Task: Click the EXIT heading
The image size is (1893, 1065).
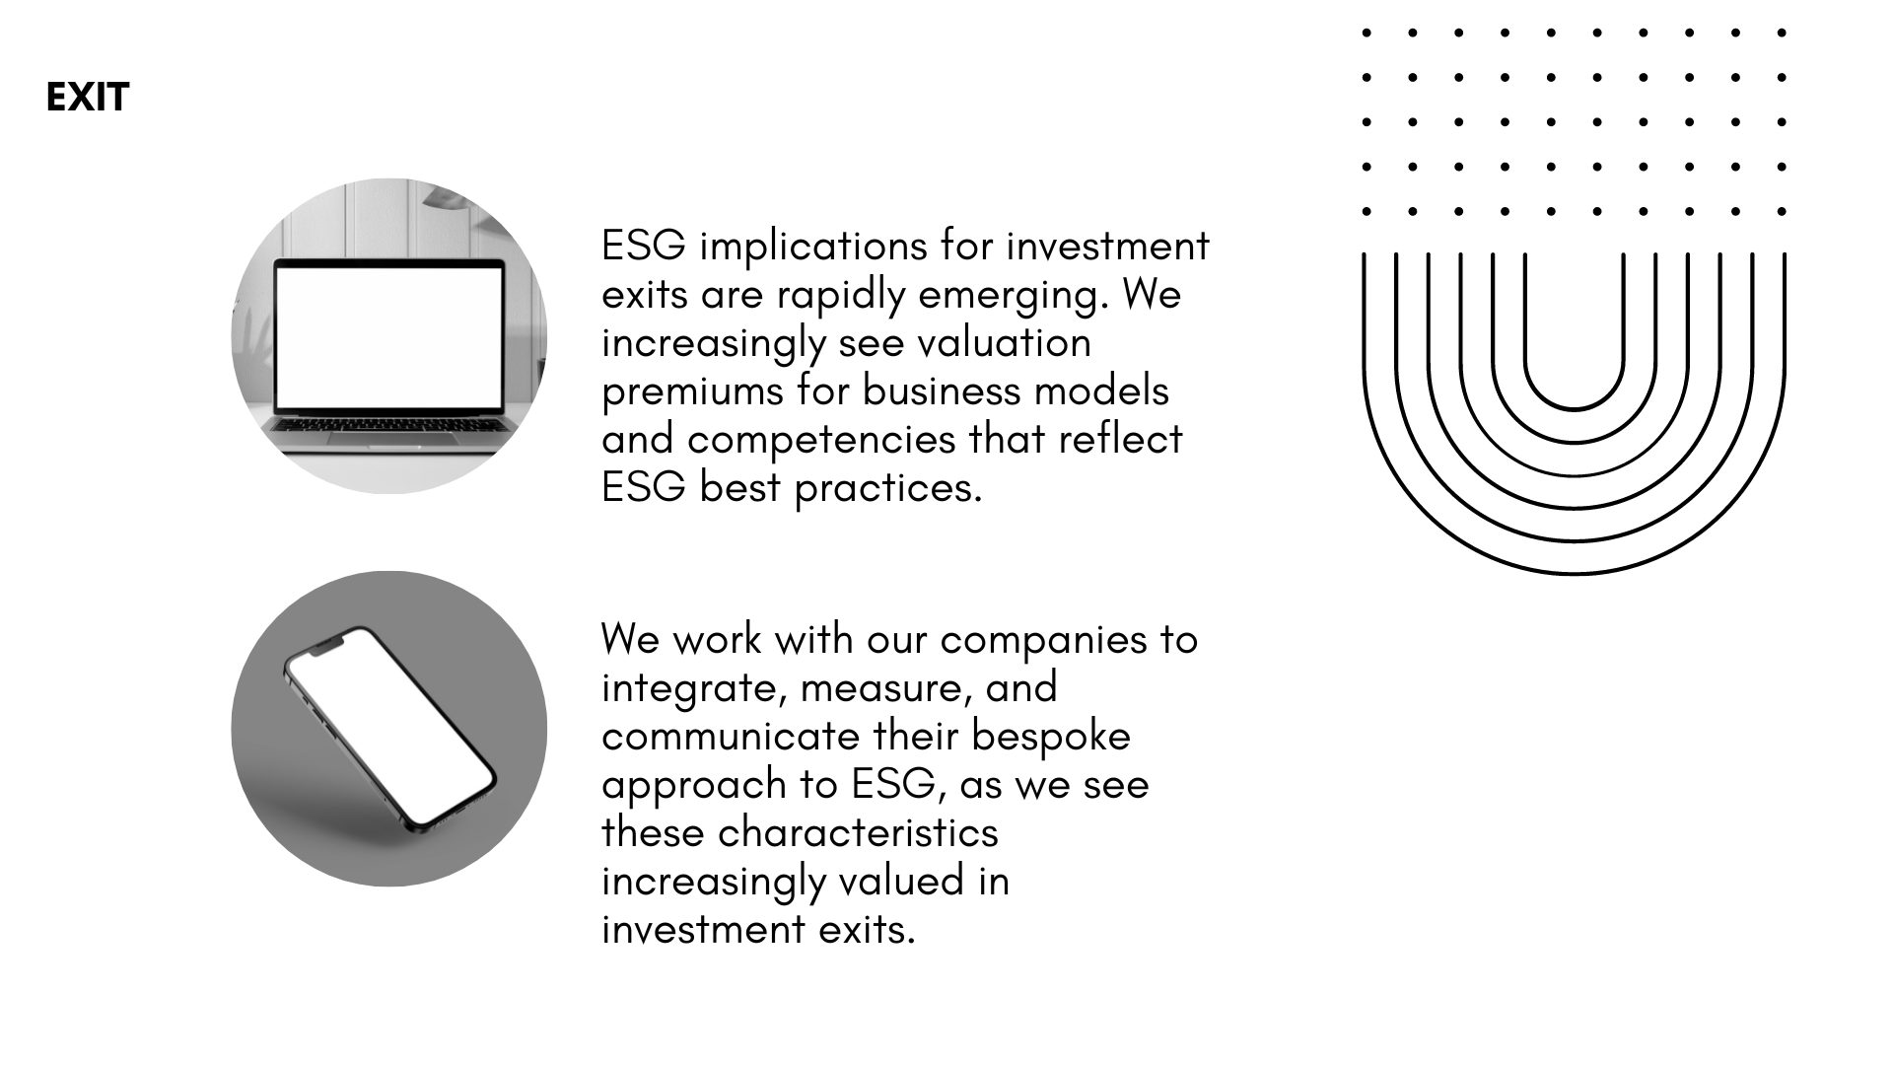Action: [88, 97]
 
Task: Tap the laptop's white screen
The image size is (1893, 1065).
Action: [388, 337]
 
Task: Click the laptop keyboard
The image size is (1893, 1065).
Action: [390, 425]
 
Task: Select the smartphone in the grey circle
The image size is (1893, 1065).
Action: [389, 730]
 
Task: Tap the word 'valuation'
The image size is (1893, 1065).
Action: [1004, 342]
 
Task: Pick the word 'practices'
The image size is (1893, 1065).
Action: [888, 488]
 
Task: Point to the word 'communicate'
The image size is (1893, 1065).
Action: [731, 736]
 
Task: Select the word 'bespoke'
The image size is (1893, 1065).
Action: [1051, 737]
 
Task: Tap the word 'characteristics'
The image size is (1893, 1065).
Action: [858, 832]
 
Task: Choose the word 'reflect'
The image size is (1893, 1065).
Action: [1120, 439]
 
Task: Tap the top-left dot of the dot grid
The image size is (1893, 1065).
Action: [1367, 33]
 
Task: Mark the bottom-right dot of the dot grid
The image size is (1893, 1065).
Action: [1782, 211]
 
